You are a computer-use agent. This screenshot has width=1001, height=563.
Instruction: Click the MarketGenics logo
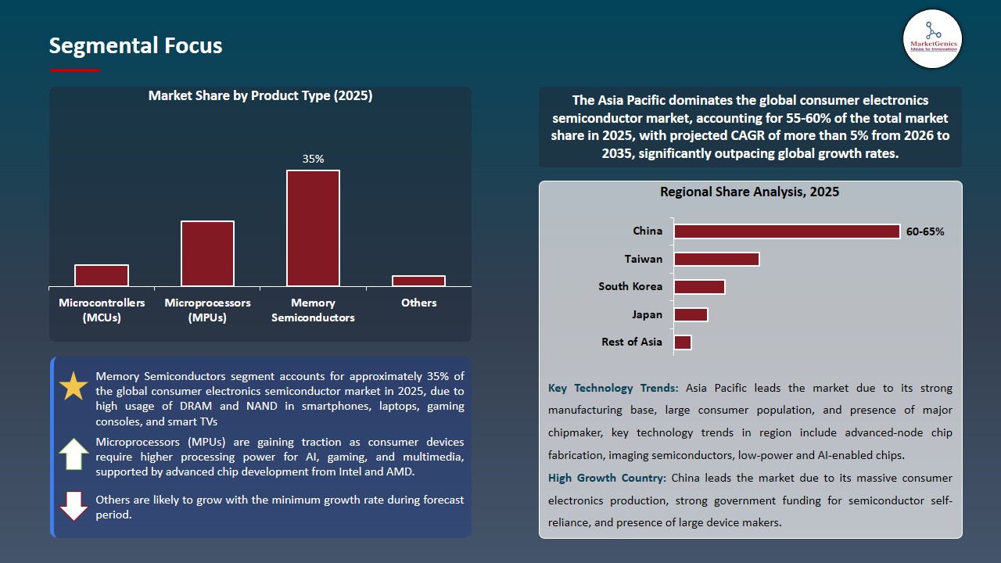click(x=932, y=38)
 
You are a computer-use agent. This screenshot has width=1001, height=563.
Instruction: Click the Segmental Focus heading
click(x=135, y=46)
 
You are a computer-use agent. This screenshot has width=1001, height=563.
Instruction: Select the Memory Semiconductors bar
click(x=313, y=228)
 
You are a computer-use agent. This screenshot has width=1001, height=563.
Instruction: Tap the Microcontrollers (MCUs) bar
click(x=102, y=275)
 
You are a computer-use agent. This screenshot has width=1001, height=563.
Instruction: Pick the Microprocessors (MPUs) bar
click(x=207, y=253)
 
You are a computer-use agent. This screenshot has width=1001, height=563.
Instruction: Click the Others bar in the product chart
click(x=418, y=281)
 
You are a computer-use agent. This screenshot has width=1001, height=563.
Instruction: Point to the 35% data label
click(x=313, y=159)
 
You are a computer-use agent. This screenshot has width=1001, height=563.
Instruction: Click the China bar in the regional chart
click(x=787, y=231)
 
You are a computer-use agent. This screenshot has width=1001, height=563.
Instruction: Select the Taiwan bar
click(x=716, y=259)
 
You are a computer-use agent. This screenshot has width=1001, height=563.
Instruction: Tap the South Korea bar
click(x=699, y=286)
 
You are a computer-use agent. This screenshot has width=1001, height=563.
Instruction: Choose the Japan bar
click(x=691, y=314)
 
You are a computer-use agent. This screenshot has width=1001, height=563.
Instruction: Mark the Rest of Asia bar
click(x=683, y=342)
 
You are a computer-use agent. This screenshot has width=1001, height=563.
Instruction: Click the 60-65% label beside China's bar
click(x=925, y=231)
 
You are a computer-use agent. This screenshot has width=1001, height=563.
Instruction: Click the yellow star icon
click(x=74, y=386)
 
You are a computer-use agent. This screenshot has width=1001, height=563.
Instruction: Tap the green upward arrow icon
click(x=74, y=454)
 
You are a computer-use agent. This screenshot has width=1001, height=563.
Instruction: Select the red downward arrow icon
click(x=74, y=506)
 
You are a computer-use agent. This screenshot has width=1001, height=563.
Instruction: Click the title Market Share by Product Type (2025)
click(x=260, y=96)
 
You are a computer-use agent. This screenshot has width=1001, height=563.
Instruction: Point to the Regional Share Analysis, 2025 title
click(x=749, y=192)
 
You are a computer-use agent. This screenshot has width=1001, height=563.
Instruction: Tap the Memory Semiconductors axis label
click(x=313, y=310)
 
